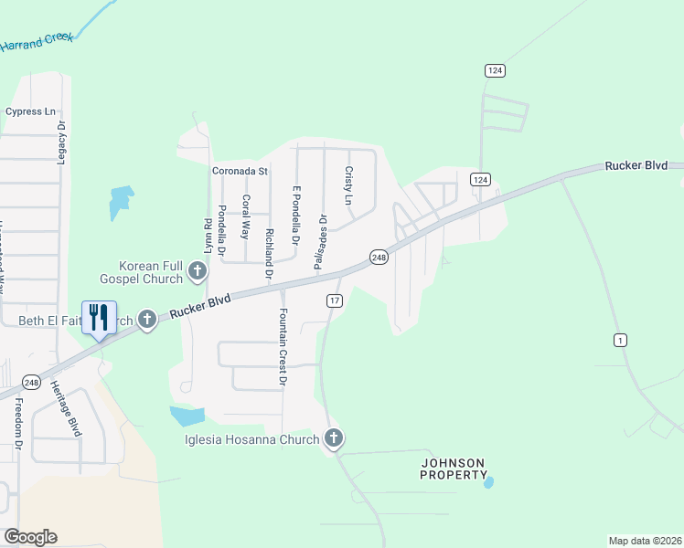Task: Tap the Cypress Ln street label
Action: pyautogui.click(x=30, y=111)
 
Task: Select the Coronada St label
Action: pyautogui.click(x=240, y=171)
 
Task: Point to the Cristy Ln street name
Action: pyautogui.click(x=348, y=185)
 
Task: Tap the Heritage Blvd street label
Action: pyautogui.click(x=66, y=408)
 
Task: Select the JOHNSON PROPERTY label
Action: pyautogui.click(x=454, y=469)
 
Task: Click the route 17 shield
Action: pyautogui.click(x=334, y=300)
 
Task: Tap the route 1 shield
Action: pyautogui.click(x=621, y=341)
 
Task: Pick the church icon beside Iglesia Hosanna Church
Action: pyautogui.click(x=334, y=439)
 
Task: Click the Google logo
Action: pyautogui.click(x=30, y=537)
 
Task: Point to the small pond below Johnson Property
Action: pyautogui.click(x=488, y=481)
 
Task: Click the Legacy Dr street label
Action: pyautogui.click(x=62, y=142)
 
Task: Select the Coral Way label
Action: pyautogui.click(x=245, y=216)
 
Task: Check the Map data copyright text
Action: pyautogui.click(x=645, y=540)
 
